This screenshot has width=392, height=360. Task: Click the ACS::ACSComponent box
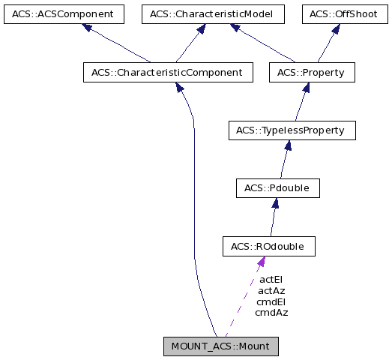(x=62, y=13)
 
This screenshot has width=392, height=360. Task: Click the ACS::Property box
(x=311, y=73)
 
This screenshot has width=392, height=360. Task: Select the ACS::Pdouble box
(x=277, y=188)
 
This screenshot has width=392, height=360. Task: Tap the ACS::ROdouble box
(x=268, y=246)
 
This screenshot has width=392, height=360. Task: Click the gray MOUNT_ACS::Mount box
(x=221, y=346)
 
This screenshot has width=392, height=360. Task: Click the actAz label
(x=271, y=290)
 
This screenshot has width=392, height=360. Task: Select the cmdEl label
(x=271, y=301)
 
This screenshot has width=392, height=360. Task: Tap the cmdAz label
(x=271, y=312)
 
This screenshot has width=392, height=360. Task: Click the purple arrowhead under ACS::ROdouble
(x=260, y=262)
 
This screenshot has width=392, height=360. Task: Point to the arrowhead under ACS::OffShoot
(x=335, y=28)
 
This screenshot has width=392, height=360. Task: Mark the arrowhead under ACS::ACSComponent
(x=87, y=28)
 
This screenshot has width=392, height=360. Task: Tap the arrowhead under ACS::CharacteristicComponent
(x=180, y=88)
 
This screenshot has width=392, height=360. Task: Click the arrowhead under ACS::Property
(x=305, y=88)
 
